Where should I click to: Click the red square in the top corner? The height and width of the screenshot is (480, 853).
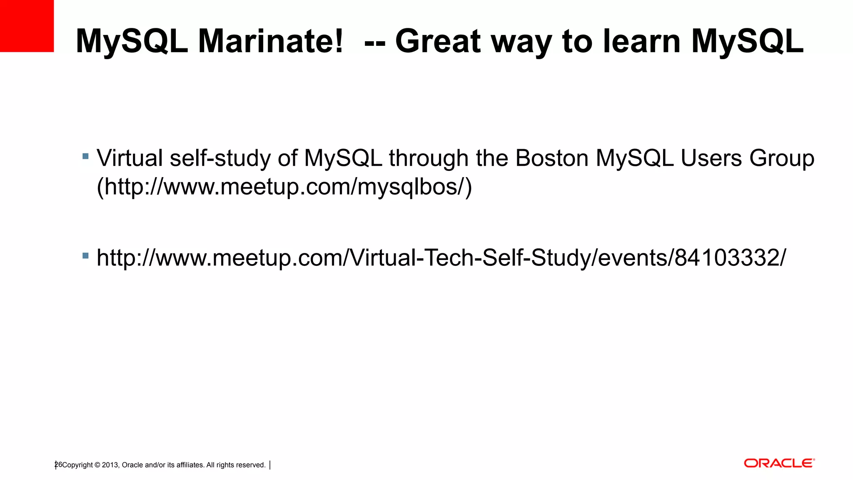click(27, 26)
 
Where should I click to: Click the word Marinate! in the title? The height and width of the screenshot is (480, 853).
click(271, 41)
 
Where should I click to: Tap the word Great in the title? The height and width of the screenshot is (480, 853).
click(438, 41)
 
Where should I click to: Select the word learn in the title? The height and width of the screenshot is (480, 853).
click(641, 41)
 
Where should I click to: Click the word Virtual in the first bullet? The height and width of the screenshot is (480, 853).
click(130, 158)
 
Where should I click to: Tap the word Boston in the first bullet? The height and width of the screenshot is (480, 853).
click(551, 158)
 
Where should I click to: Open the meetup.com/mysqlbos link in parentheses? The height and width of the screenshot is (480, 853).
click(284, 187)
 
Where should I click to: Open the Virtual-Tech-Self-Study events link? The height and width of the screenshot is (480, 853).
click(441, 258)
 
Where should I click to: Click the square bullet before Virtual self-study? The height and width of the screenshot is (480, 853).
click(86, 157)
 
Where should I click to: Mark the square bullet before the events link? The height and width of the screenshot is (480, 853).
click(86, 256)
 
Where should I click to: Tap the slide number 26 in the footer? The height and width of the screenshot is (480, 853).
click(58, 465)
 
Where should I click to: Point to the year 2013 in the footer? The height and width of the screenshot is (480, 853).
click(110, 465)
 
